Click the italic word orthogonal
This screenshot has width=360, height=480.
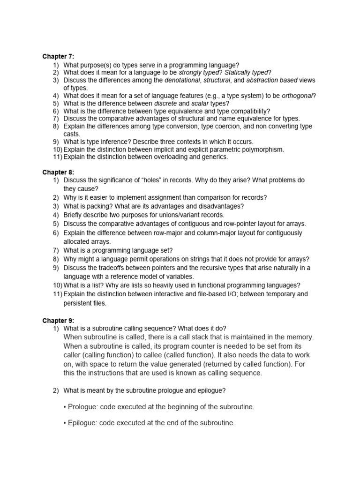point(298,96)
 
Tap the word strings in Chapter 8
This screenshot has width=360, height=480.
point(188,259)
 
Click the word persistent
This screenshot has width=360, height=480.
point(79,303)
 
